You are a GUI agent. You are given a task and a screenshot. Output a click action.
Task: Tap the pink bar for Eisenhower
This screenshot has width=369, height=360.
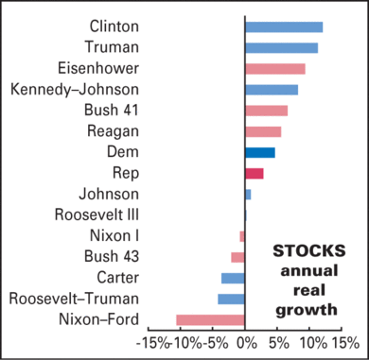coord(275,68)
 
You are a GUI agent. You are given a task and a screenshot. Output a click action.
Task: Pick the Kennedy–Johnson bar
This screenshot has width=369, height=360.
coord(272,90)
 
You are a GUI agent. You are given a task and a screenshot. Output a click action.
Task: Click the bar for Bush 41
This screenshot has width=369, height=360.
coord(266,111)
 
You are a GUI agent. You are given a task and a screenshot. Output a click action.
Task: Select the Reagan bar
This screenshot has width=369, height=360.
coord(263,131)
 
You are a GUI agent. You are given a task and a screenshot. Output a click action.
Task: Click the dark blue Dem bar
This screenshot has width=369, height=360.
coord(260,152)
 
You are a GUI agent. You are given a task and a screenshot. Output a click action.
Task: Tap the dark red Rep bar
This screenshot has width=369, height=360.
coord(255,173)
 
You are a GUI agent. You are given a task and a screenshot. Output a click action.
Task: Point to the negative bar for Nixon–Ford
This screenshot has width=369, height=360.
coord(210,319)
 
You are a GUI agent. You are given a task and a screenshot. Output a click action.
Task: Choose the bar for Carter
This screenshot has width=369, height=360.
coord(233,278)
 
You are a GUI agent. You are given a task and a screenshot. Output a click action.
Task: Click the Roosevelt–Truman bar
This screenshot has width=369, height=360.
coord(232,299)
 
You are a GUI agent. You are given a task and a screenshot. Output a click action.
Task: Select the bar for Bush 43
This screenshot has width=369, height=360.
coord(237,257)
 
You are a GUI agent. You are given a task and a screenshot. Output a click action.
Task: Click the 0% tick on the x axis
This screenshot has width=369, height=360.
coord(245,342)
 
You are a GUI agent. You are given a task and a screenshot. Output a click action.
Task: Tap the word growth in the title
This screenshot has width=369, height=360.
coord(308,309)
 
